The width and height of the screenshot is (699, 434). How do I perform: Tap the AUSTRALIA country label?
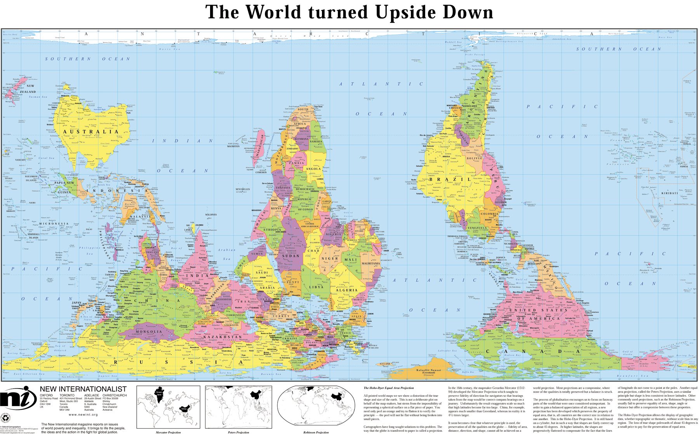tap(90, 132)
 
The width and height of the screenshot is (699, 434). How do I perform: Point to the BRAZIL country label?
tap(450, 180)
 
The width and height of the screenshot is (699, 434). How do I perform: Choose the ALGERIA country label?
tap(346, 290)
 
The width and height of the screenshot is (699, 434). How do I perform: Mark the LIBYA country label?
tap(316, 287)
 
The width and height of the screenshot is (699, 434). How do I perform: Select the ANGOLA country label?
tap(314, 169)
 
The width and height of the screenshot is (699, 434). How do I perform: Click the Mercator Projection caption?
tap(168, 432)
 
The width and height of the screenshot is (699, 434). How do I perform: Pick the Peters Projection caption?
tap(238, 432)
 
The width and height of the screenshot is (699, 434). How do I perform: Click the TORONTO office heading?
tap(67, 396)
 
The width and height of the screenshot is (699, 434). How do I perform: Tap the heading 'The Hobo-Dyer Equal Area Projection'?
tap(388, 388)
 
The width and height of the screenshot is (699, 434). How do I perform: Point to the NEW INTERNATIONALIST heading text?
tap(83, 389)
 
